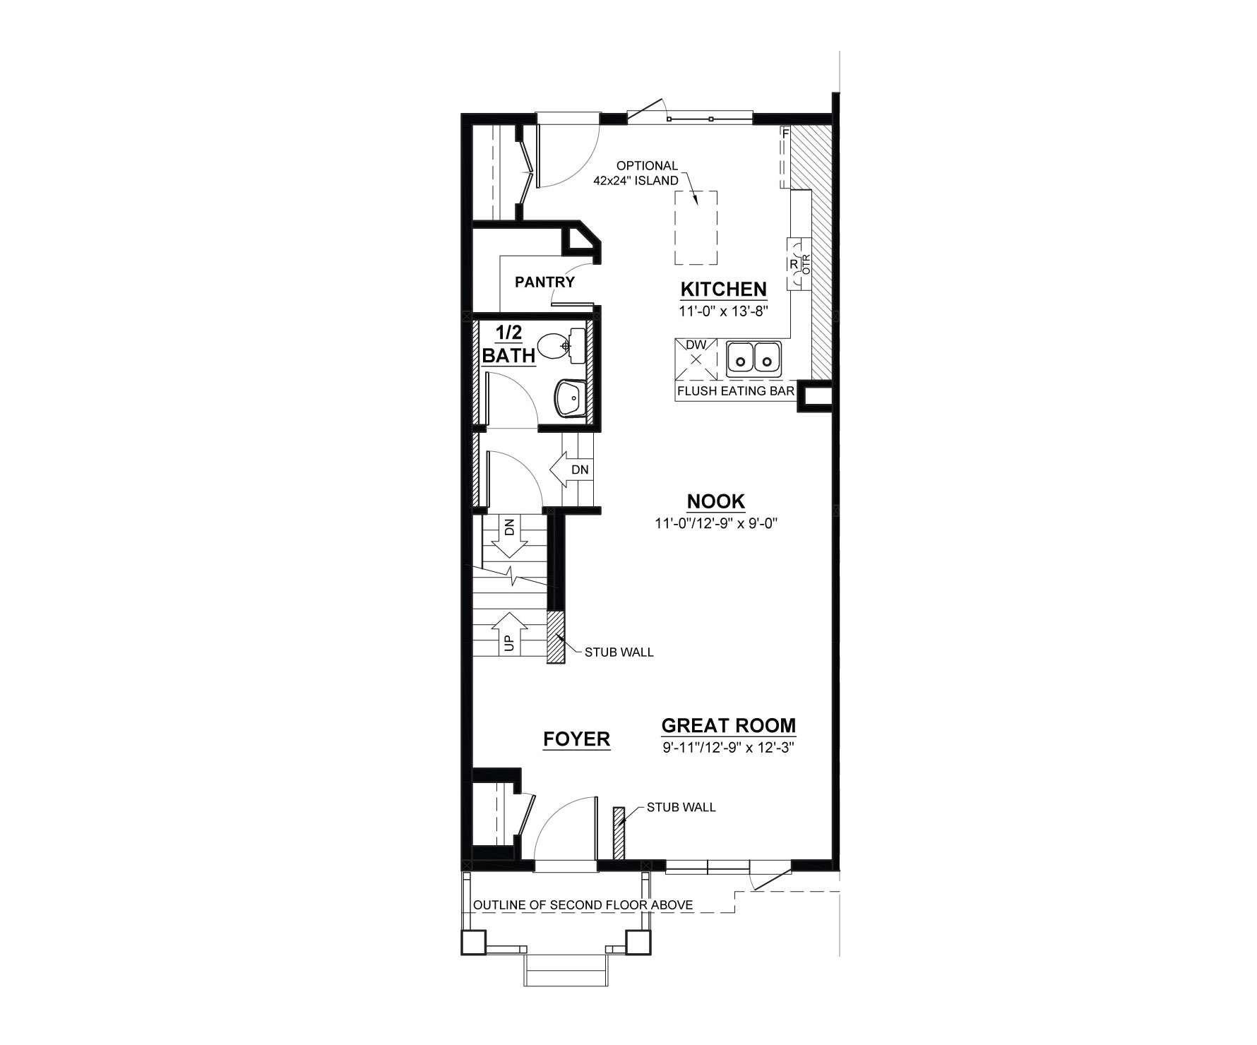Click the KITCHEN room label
(x=723, y=289)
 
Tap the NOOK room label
(x=716, y=501)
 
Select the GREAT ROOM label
(x=728, y=725)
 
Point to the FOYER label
(x=576, y=739)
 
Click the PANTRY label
(x=544, y=282)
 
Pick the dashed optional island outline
(x=696, y=227)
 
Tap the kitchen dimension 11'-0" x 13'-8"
(x=723, y=310)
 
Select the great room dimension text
(x=728, y=747)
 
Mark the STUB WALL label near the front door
(x=681, y=807)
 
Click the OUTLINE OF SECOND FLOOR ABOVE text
(x=583, y=905)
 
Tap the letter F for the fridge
(x=785, y=132)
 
